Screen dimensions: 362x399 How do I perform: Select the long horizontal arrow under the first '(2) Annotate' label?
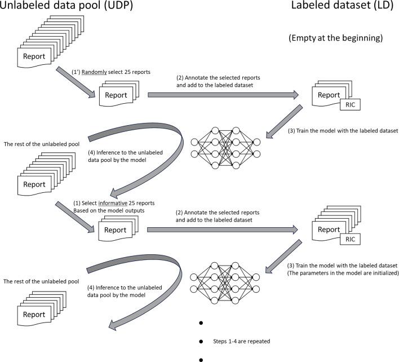click(x=223, y=95)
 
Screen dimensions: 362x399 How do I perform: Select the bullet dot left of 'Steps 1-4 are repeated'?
click(x=201, y=342)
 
